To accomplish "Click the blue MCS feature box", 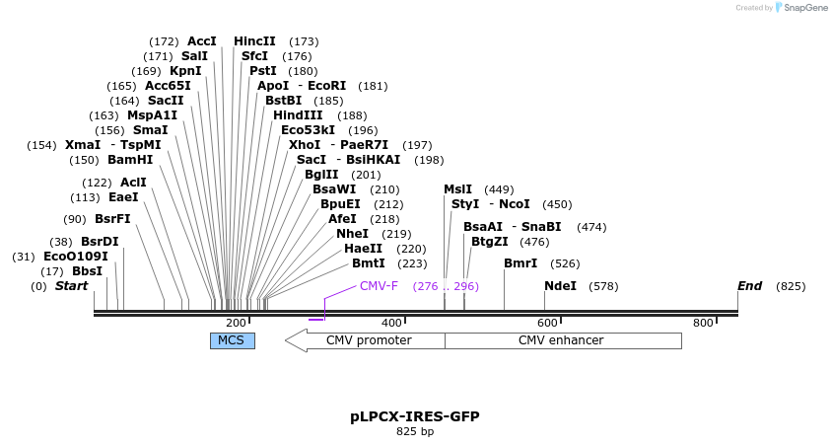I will coord(232,340).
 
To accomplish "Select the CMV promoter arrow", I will coord(364,340).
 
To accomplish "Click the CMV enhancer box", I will coord(562,340).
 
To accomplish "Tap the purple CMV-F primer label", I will coord(379,286).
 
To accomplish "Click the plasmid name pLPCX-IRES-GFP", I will coord(415,416).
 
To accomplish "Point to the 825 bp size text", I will coord(415,431).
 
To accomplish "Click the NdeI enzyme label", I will coord(560,286).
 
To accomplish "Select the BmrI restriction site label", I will coord(520,263).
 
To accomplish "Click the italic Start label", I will coord(71,286).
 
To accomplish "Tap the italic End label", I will coord(749,286).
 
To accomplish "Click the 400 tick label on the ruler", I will coord(391,323).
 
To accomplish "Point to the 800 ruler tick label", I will coord(703,323).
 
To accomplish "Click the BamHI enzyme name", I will coord(130,160).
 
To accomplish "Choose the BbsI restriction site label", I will coord(87,271).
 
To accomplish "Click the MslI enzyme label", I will coord(457,189).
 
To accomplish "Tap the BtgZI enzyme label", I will coord(490,242).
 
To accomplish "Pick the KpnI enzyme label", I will coord(185,71).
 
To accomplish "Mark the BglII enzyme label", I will coord(321,175).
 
